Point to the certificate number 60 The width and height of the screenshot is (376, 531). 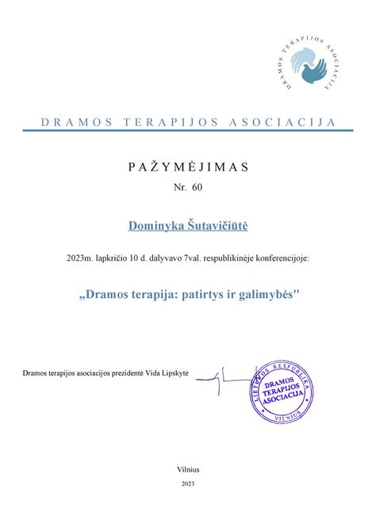tap(197, 191)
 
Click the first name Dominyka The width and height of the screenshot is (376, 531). tap(158, 227)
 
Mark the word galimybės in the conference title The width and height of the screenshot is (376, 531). tap(271, 294)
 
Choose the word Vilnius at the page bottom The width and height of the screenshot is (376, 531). tap(188, 471)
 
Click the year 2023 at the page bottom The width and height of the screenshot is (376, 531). tap(188, 483)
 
